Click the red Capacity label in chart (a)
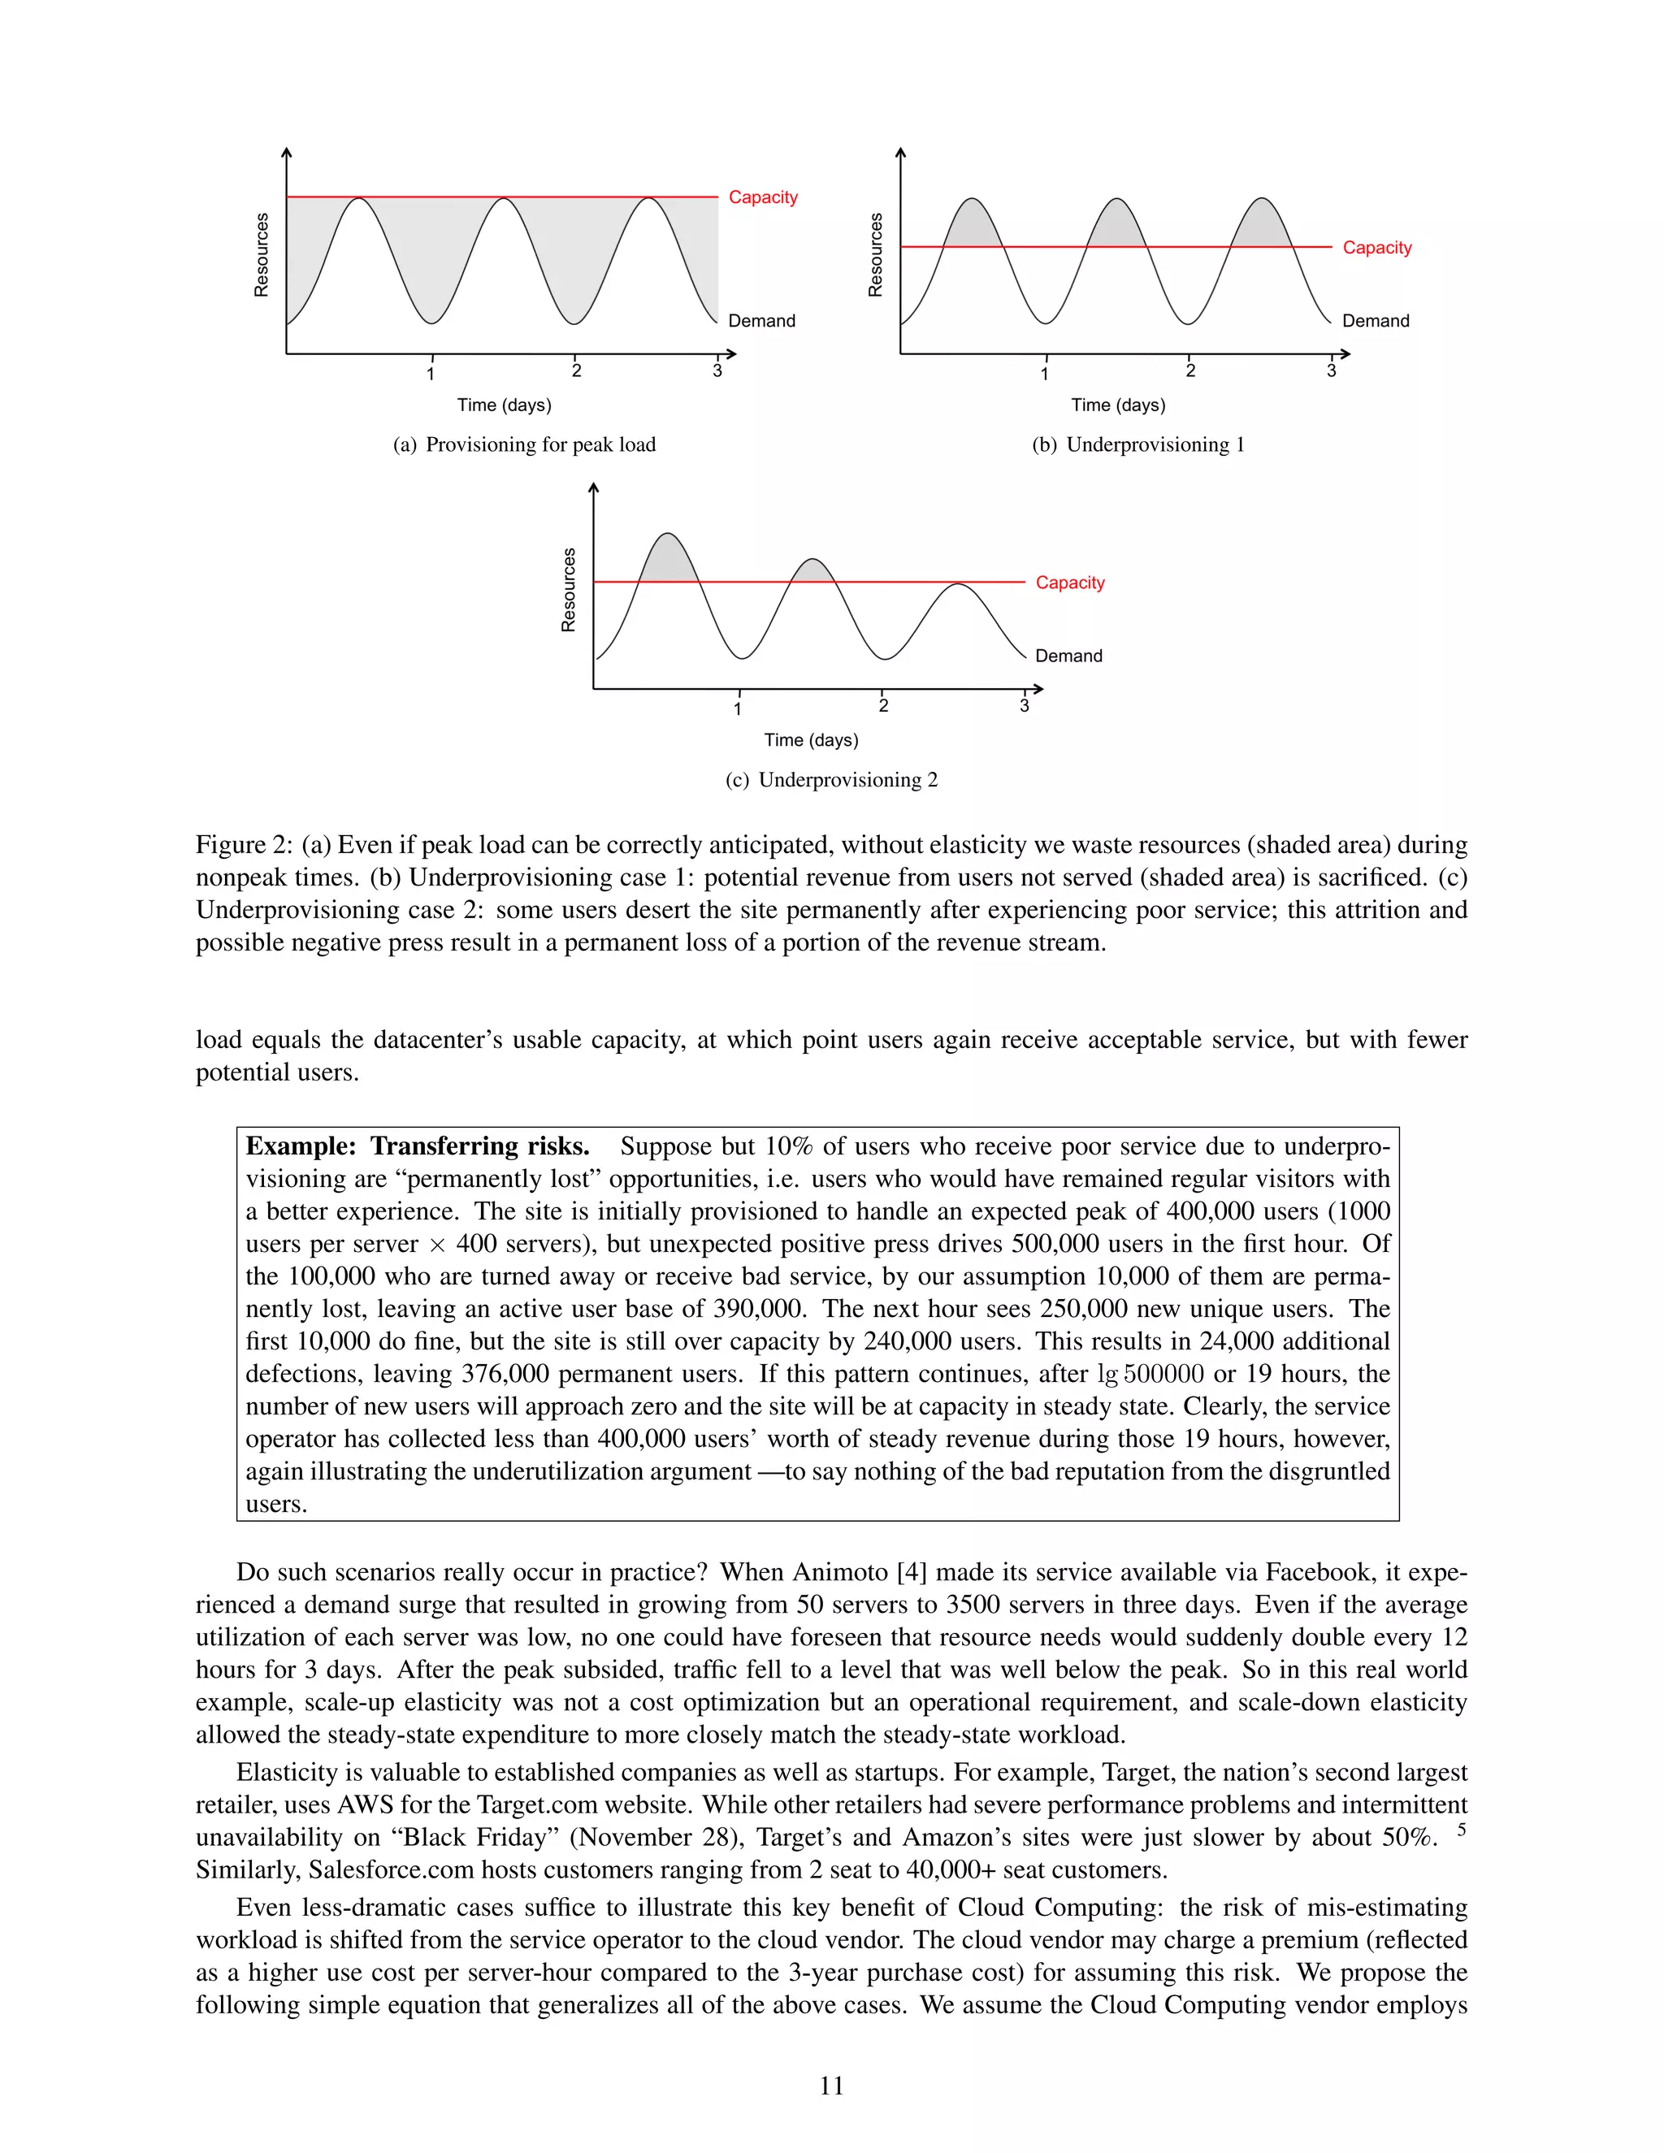[x=762, y=197]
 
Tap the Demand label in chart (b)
[x=1376, y=322]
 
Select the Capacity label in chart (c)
[x=1069, y=583]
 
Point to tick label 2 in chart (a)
[x=577, y=370]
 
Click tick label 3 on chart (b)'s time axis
[x=1331, y=370]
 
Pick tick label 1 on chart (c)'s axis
[x=738, y=708]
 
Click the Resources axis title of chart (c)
[x=568, y=590]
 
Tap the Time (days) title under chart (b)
[x=1118, y=405]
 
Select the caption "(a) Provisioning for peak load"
[x=524, y=444]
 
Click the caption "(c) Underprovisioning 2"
[x=831, y=780]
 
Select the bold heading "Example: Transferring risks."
[x=417, y=1146]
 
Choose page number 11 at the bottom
[x=831, y=2086]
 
